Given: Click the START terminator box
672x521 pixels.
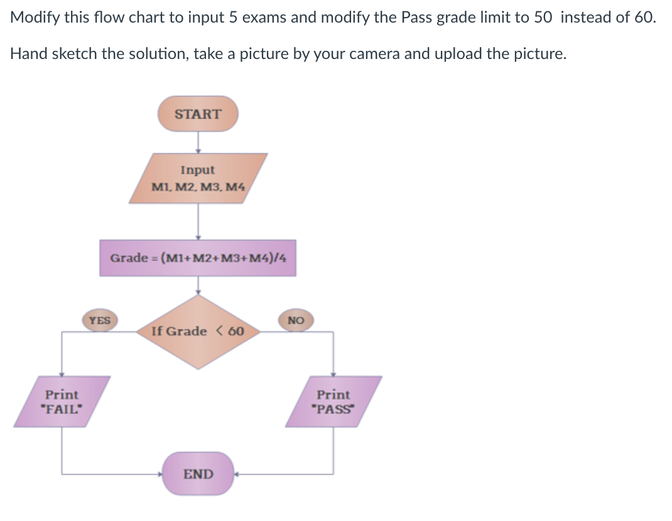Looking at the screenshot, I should [198, 114].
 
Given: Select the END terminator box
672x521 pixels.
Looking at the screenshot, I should [198, 473].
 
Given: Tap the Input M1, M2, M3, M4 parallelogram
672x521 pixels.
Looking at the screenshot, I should [198, 178].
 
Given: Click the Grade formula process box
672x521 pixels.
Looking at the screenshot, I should [197, 258].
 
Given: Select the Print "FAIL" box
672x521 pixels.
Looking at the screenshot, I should [62, 402].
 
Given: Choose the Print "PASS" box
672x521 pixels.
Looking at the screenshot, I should [333, 402].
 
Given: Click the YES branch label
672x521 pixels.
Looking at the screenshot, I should [99, 321].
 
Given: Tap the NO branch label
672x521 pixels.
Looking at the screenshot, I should [296, 321].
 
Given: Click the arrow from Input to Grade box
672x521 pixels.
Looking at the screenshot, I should [198, 222].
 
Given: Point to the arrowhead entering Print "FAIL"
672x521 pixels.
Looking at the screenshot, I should [62, 373].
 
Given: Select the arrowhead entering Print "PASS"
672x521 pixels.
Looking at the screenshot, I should [333, 373].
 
